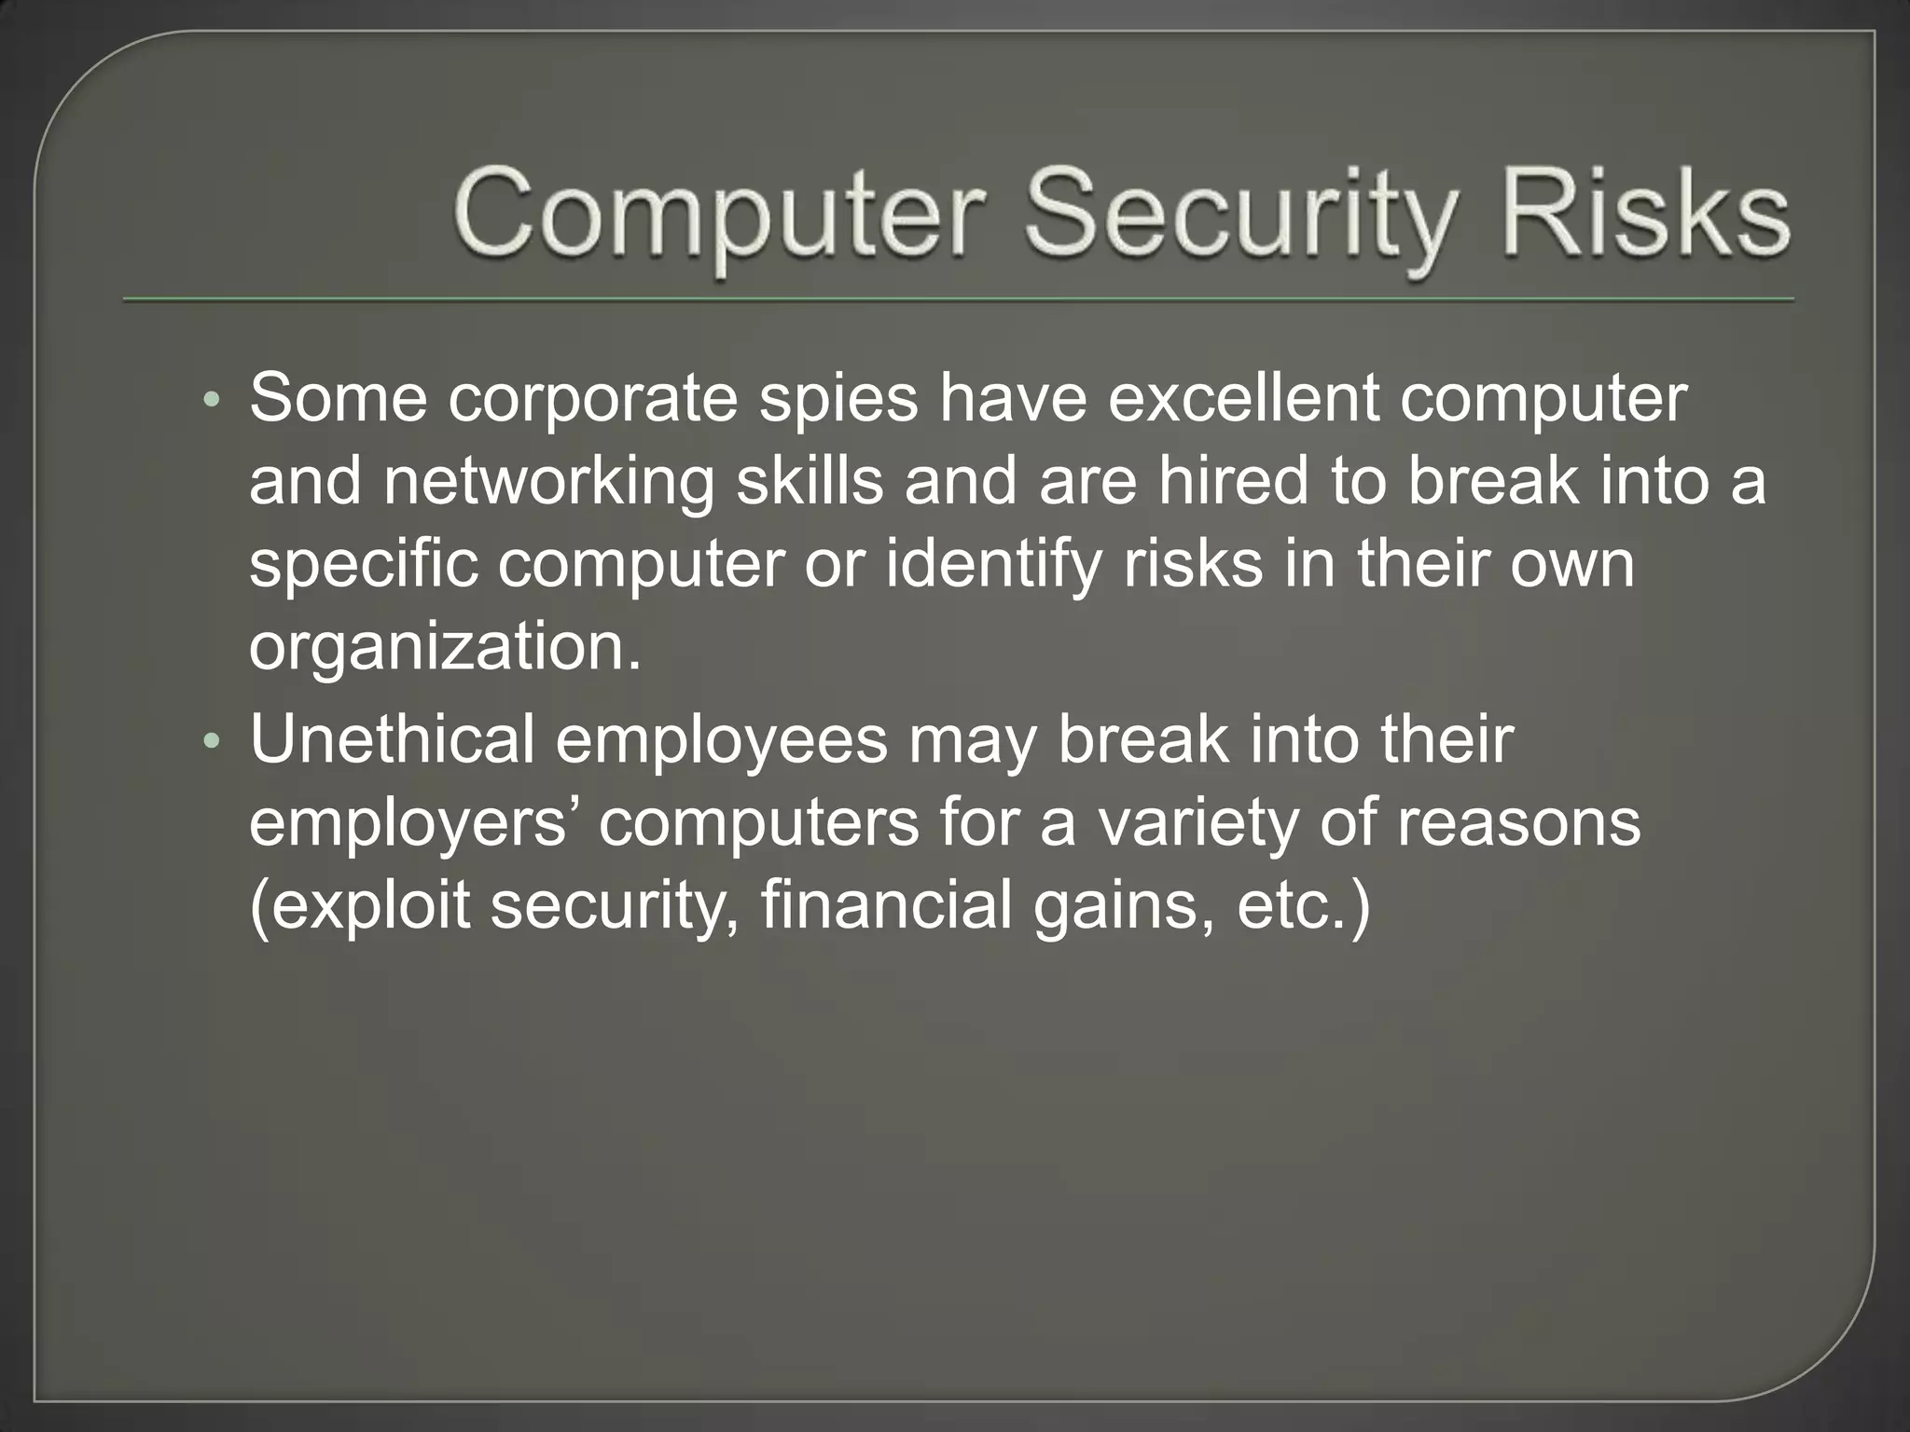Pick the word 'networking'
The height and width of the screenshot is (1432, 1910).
[547, 483]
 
